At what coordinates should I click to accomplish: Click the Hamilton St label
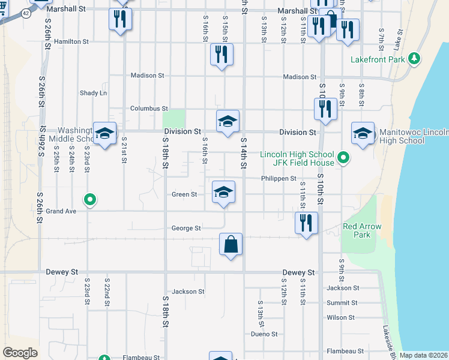71,42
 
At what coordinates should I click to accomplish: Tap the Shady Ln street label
93,93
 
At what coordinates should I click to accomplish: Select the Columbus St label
149,109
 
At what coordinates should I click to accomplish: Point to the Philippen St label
279,179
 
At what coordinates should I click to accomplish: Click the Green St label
184,194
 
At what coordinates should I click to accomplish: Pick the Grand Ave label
61,211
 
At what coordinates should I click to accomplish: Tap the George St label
185,228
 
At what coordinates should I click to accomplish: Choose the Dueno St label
264,334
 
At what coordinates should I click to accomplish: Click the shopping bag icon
231,244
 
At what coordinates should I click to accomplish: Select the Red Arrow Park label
357,230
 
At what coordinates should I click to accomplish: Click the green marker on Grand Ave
90,199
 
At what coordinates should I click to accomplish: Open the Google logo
20,353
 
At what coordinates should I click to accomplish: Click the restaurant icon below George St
307,223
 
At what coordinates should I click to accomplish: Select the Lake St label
397,42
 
